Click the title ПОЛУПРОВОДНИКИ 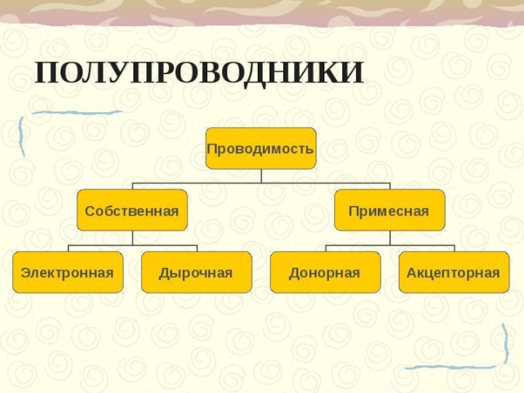[x=199, y=73]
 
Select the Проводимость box [x=261, y=148]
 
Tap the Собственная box [x=132, y=210]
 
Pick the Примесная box [x=389, y=210]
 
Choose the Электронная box [x=67, y=272]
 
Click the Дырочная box [x=196, y=272]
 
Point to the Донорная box [x=325, y=272]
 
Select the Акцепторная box [x=453, y=272]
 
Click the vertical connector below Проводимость [x=261, y=175]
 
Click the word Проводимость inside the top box [x=261, y=149]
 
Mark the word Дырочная [x=196, y=272]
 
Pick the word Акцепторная [x=453, y=272]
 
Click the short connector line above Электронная [x=69, y=248]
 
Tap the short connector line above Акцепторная [x=454, y=248]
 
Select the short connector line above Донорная [x=326, y=248]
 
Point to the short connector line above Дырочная [x=196, y=248]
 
